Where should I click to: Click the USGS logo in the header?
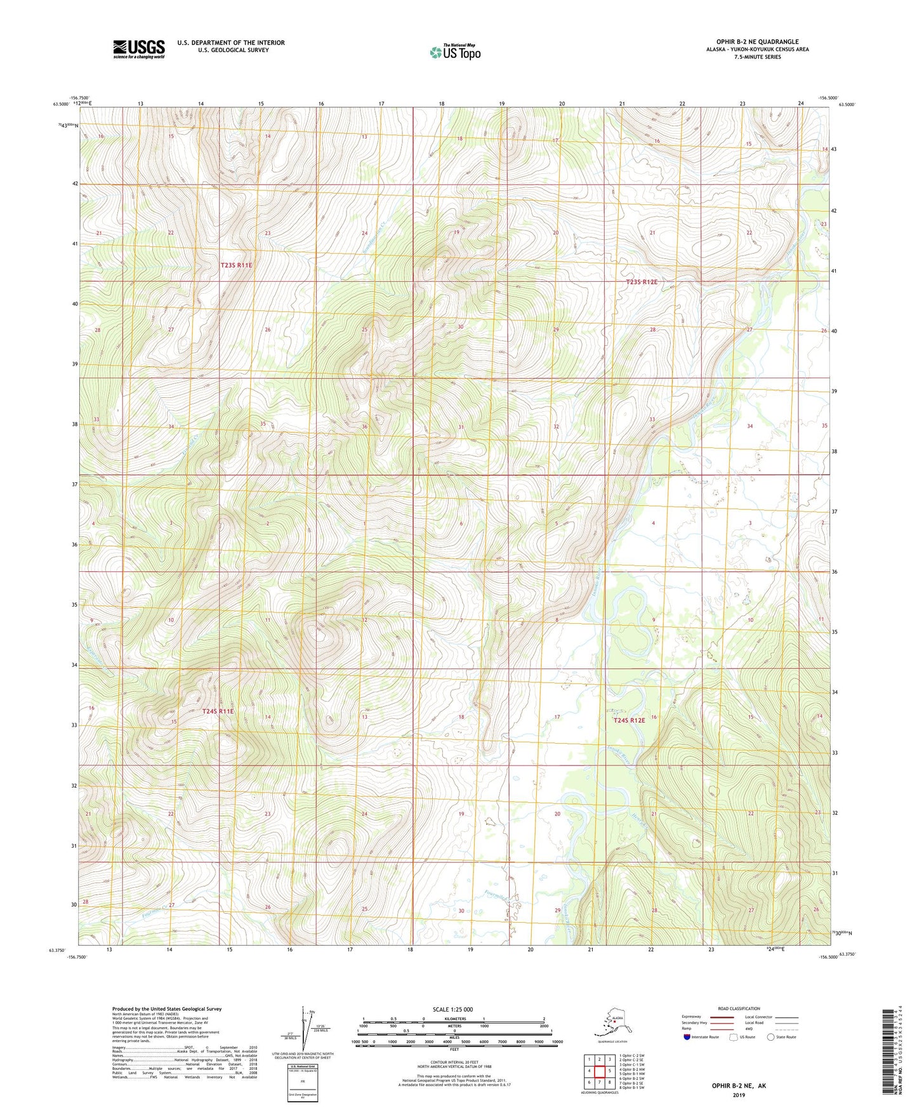139,49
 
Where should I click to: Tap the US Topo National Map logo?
454,51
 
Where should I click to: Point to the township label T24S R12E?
628,720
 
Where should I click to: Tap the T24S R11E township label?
218,711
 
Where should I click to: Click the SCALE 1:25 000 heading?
453,1009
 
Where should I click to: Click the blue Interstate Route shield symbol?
687,1037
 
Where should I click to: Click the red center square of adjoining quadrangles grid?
599,1071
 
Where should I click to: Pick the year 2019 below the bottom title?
739,1095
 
